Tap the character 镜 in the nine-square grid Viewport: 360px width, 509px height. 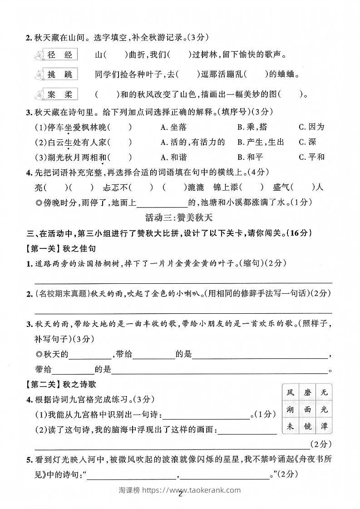(307, 426)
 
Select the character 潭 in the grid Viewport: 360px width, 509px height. (324, 426)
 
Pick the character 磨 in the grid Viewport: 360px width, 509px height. (307, 392)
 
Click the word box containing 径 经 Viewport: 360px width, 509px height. (60, 55)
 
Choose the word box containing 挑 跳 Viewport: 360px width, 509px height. (60, 74)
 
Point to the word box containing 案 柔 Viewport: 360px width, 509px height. (60, 94)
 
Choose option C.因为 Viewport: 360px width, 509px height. (311, 127)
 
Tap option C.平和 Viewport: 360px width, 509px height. (311, 157)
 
